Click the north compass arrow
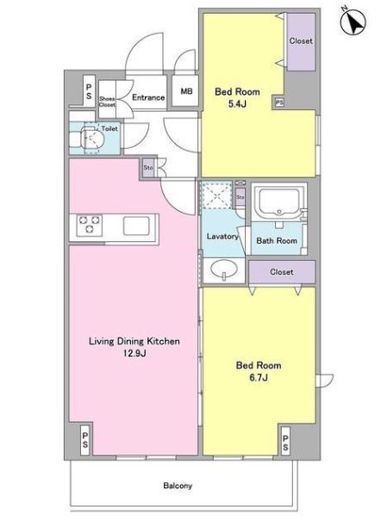click(353, 22)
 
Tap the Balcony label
click(178, 486)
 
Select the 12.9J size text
click(134, 353)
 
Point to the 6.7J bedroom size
click(259, 377)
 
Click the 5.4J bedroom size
click(237, 104)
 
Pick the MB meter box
click(185, 90)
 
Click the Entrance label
click(148, 97)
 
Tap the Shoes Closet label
click(107, 102)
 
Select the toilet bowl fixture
click(92, 139)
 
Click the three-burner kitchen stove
click(89, 225)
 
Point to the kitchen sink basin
click(136, 226)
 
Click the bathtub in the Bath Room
click(278, 201)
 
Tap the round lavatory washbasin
click(224, 270)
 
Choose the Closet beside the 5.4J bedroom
click(301, 42)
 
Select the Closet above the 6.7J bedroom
click(282, 272)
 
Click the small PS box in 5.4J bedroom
click(279, 102)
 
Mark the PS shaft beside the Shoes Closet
click(89, 90)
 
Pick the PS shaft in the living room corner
click(85, 439)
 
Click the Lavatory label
click(222, 236)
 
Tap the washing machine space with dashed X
click(216, 195)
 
